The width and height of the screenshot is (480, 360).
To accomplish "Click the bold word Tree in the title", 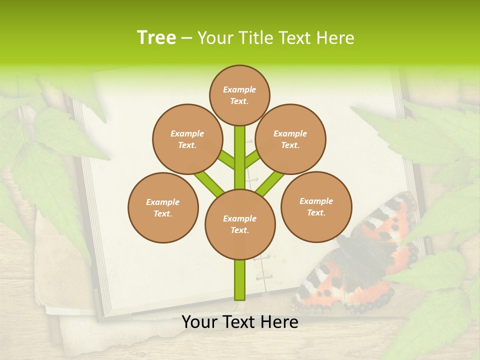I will pos(156,38).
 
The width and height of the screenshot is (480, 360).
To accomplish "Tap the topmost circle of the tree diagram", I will pos(239,95).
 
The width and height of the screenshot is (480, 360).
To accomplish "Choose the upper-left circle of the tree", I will pos(187,139).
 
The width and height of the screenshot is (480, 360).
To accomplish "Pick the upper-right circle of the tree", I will pos(290,139).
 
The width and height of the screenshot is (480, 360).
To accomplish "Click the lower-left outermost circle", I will pos(163,207).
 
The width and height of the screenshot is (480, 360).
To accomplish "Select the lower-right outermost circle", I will pos(316,206).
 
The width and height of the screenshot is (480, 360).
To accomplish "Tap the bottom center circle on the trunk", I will pos(240,224).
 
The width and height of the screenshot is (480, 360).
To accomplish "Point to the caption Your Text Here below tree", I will pos(240,322).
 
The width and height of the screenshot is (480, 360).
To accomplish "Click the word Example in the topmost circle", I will pos(239,89).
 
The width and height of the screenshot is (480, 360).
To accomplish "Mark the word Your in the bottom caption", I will pos(200,322).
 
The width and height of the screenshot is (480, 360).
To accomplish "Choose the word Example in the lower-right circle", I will pos(316,201).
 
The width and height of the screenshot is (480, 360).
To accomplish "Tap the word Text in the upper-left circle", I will pos(186,145).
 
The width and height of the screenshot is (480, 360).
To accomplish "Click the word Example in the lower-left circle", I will pos(162,202).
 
